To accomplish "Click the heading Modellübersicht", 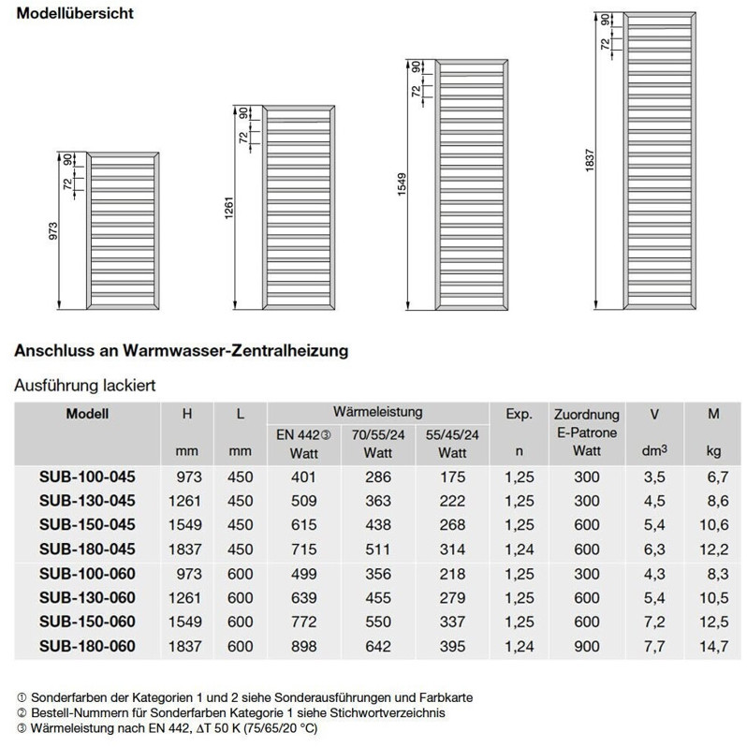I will click(x=71, y=15).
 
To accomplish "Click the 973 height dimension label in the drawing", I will click(x=53, y=231).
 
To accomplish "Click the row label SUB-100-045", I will click(x=88, y=476).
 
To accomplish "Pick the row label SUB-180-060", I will click(x=88, y=646).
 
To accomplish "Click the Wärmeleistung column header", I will click(x=377, y=412).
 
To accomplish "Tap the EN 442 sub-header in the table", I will click(x=297, y=434).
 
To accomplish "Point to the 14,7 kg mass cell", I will click(x=713, y=646).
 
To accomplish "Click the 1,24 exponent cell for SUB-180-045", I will click(x=519, y=549).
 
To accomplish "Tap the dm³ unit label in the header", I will click(x=655, y=452).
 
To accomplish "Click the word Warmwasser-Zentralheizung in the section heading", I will click(x=233, y=351).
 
